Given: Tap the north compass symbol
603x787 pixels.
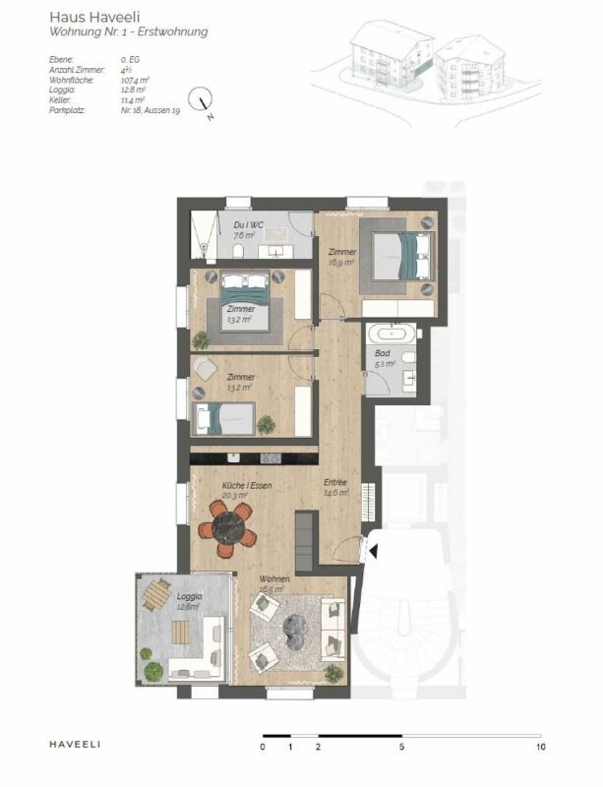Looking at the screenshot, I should (x=205, y=100).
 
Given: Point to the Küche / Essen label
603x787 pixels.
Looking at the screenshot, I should (x=247, y=485).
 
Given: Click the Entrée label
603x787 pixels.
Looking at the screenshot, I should (x=336, y=482).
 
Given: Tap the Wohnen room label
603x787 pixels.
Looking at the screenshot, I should (x=273, y=580).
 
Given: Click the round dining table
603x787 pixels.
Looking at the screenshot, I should (x=227, y=528).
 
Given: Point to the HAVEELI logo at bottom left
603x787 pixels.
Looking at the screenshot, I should (x=75, y=744).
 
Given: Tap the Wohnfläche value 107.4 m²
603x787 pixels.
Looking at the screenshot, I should (x=134, y=80).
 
